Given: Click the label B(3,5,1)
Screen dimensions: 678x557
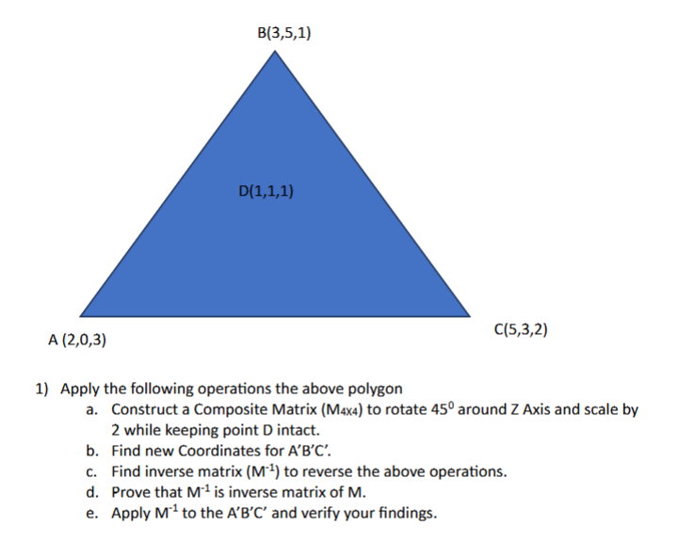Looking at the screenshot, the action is click(284, 33).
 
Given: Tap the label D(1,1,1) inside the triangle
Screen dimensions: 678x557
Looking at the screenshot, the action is click(266, 191).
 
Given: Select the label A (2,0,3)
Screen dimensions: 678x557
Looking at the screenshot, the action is click(77, 340).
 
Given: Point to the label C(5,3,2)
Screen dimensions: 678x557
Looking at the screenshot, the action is click(521, 329).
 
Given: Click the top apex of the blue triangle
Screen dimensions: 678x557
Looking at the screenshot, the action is click(275, 51).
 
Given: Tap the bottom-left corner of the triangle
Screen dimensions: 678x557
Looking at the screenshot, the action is click(80, 316).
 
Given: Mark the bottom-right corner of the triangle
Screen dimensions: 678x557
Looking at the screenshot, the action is click(470, 316).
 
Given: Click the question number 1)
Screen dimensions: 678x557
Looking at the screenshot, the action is click(41, 389).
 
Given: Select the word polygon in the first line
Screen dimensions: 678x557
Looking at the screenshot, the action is click(376, 390).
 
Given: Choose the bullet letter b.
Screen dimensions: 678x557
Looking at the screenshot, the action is click(90, 451).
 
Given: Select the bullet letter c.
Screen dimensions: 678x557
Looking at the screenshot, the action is click(90, 472).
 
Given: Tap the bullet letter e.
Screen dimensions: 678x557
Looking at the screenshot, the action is click(90, 514).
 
